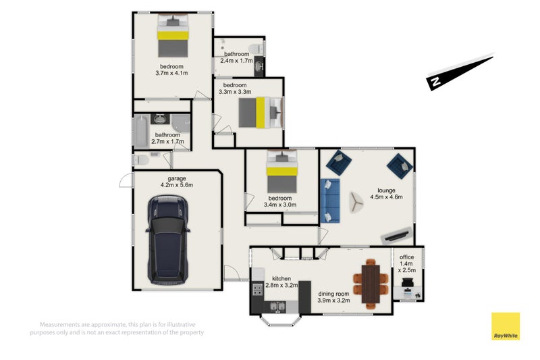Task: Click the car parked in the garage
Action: pyautogui.click(x=167, y=240)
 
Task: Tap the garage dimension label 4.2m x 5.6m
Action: pyautogui.click(x=177, y=185)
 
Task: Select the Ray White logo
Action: pyautogui.click(x=505, y=326)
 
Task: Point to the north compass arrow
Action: pyautogui.click(x=460, y=72)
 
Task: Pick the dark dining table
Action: pyautogui.click(x=371, y=284)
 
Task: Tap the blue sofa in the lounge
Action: pyautogui.click(x=330, y=201)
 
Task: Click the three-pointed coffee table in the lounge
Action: pyautogui.click(x=356, y=203)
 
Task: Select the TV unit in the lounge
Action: pyautogui.click(x=397, y=235)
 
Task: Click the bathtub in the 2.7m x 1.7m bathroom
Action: pyautogui.click(x=142, y=132)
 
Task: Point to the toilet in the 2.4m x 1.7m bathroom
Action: pyautogui.click(x=256, y=49)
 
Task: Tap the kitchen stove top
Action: pyautogui.click(x=258, y=289)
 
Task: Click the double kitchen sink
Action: pyautogui.click(x=277, y=306)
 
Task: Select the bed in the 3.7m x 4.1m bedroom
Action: pyautogui.click(x=173, y=36)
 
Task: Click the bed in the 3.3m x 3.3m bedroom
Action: pyautogui.click(x=261, y=113)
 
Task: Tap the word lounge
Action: pyautogui.click(x=386, y=190)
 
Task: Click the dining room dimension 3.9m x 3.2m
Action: pyautogui.click(x=333, y=301)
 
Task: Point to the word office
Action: pyautogui.click(x=407, y=257)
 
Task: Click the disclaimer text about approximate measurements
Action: pyautogui.click(x=117, y=328)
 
